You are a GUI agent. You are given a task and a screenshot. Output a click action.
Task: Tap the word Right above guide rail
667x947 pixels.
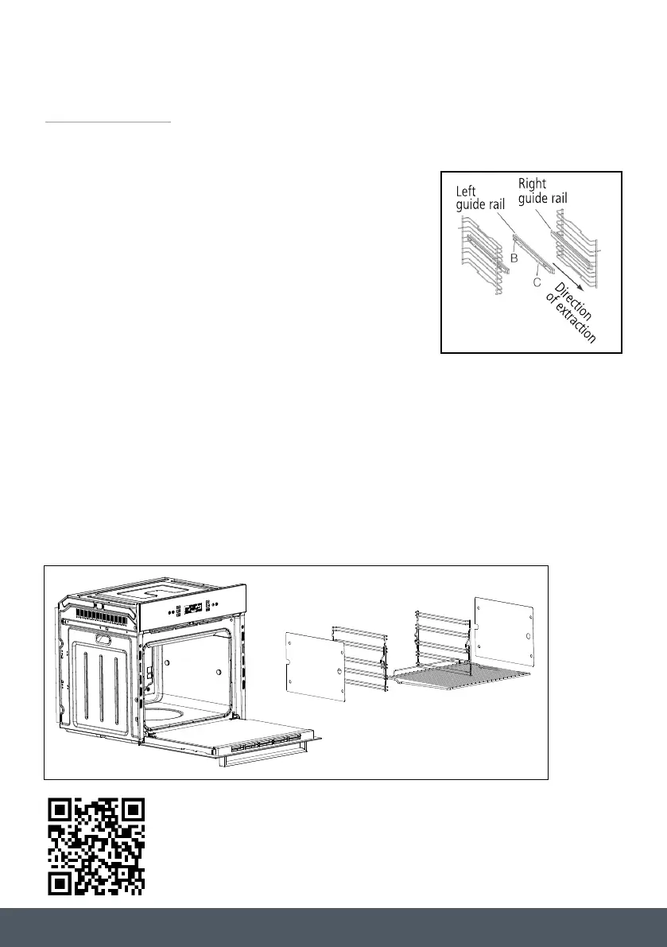[532, 184]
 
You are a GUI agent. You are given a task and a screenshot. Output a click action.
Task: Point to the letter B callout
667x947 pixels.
[514, 258]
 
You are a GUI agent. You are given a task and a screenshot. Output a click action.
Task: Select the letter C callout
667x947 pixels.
[537, 281]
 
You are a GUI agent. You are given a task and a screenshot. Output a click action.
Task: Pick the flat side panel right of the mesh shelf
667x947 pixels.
[504, 632]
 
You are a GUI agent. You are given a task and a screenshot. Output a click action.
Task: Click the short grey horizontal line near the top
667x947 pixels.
[108, 122]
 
